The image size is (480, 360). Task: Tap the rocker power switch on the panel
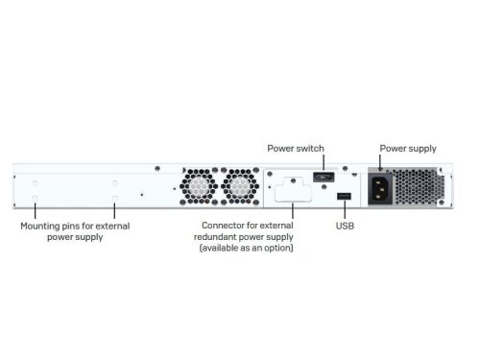324,177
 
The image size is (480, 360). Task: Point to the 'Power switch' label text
296,149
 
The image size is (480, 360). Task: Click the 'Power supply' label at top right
408,149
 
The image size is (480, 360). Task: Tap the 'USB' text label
345,228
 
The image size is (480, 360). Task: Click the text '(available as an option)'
246,249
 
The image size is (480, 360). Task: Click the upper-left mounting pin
36,182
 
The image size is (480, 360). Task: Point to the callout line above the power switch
324,161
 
